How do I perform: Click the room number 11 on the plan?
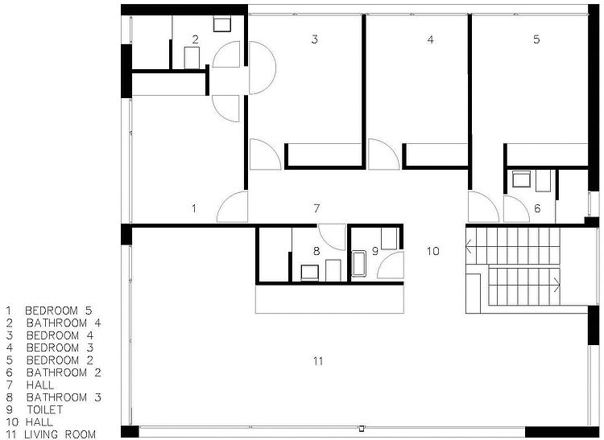click(x=318, y=361)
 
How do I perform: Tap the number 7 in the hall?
click(x=316, y=208)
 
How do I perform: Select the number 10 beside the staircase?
click(x=433, y=251)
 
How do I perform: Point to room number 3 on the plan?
click(x=315, y=39)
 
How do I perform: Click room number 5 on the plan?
click(x=536, y=39)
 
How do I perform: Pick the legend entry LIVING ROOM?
click(x=60, y=434)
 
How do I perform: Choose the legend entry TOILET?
click(x=44, y=409)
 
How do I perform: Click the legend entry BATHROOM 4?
click(x=64, y=323)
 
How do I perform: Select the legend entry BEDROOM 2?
click(x=60, y=360)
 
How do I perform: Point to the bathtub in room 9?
click(x=358, y=264)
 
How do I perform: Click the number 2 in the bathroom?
click(x=196, y=39)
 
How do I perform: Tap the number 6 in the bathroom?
click(x=537, y=208)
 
